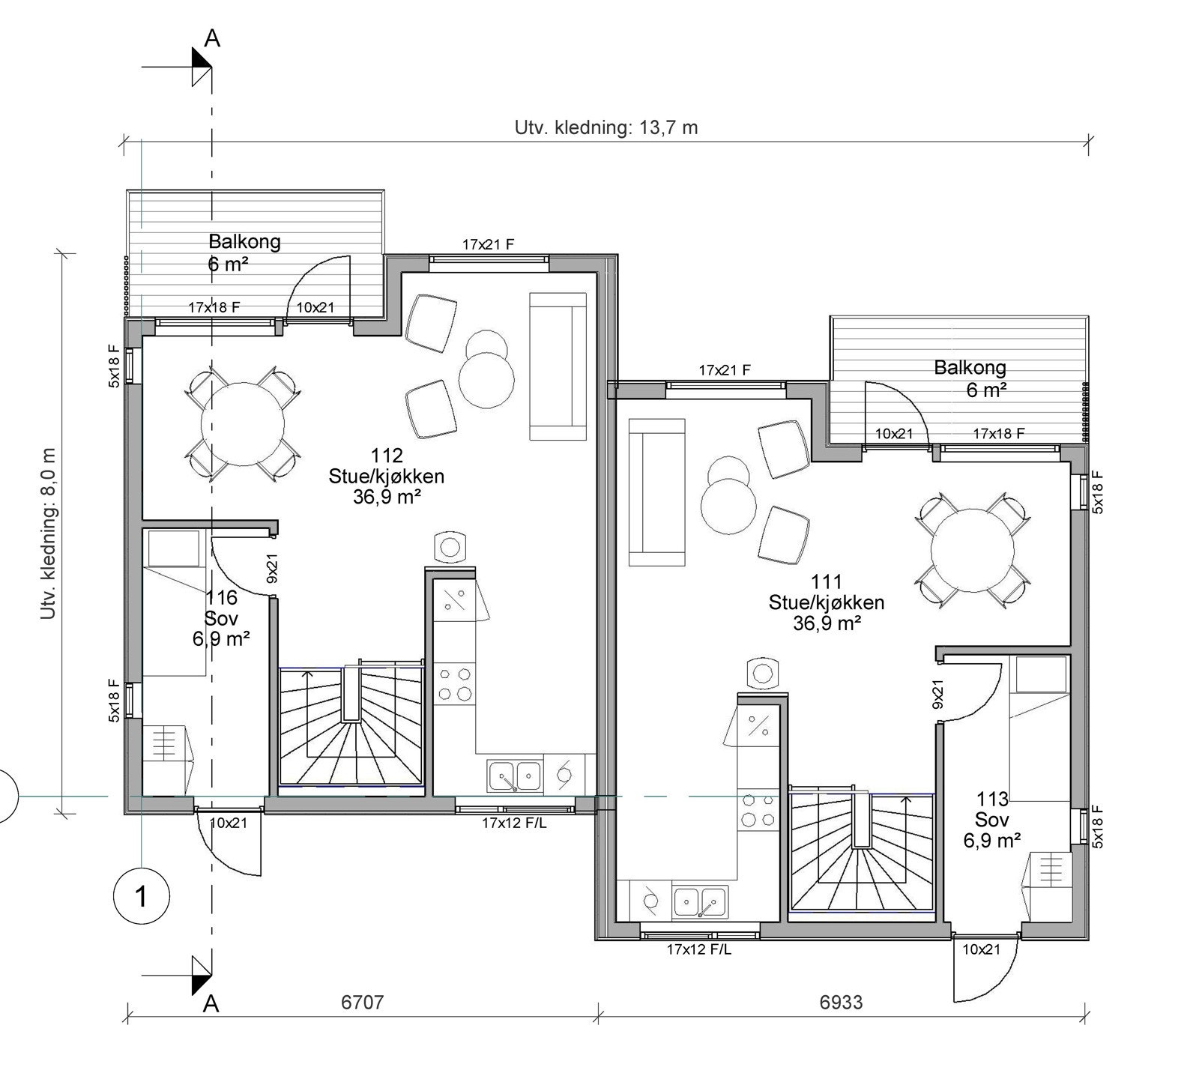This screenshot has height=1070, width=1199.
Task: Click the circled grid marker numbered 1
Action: (141, 896)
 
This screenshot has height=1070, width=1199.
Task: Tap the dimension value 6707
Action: (362, 1002)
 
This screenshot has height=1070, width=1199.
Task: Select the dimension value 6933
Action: (841, 1002)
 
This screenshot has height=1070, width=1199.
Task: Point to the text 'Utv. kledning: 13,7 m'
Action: (605, 127)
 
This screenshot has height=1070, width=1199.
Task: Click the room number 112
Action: (386, 456)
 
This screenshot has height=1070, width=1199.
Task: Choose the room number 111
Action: (826, 581)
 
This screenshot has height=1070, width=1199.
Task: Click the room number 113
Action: (992, 800)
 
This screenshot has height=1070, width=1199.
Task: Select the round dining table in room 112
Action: (242, 424)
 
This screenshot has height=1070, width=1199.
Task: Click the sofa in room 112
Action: (558, 366)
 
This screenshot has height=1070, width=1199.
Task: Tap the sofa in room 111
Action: (657, 492)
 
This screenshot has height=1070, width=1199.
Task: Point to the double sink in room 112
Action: (515, 776)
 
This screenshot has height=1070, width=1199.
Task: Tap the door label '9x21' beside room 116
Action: (272, 568)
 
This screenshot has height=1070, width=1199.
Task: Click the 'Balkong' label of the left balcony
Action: (244, 241)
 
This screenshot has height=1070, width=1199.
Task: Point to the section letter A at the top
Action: (213, 39)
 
